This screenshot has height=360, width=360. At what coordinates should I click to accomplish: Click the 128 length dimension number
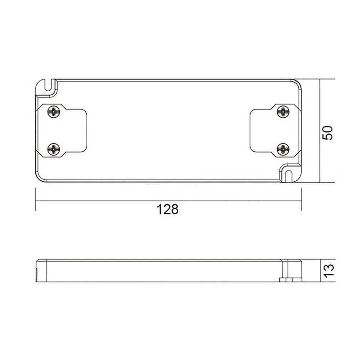click(x=168, y=210)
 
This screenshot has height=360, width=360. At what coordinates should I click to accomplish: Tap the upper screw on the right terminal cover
click(x=283, y=112)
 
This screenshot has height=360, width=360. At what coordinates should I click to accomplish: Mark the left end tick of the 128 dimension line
click(x=35, y=200)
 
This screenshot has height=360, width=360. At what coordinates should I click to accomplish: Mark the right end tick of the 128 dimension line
click(x=301, y=200)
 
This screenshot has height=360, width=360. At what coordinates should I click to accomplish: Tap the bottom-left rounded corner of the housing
click(x=39, y=178)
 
